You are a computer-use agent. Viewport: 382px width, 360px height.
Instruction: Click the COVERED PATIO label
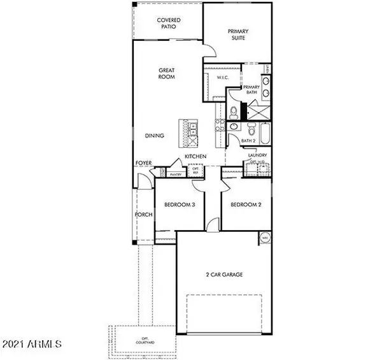(169, 24)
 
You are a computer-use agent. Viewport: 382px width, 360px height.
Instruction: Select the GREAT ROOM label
(167, 73)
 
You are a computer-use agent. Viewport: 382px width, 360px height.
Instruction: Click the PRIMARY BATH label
(252, 90)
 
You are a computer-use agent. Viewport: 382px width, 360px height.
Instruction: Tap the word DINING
(155, 135)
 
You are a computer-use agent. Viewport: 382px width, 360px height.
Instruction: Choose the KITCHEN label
(195, 156)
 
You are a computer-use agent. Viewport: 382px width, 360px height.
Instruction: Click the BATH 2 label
(248, 141)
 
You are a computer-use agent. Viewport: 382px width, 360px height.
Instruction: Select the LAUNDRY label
(257, 155)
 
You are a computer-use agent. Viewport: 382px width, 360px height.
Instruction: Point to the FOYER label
(143, 163)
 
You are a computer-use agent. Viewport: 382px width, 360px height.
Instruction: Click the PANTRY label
(176, 174)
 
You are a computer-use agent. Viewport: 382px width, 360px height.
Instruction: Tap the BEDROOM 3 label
(180, 205)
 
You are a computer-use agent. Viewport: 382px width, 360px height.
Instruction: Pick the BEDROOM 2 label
(245, 205)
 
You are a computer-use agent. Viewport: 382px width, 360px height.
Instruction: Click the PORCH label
(143, 214)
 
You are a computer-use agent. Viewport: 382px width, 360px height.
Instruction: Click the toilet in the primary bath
(234, 113)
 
